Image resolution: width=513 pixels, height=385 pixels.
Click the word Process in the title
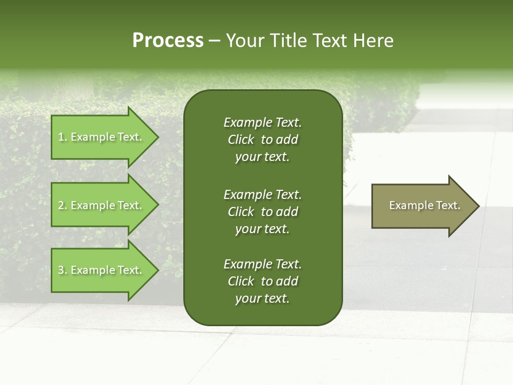tap(168, 41)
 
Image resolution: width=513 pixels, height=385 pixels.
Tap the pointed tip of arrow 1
tap(157, 137)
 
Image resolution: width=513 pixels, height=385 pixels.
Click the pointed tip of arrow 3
tap(157, 270)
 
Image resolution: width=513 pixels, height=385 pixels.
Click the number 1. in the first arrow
tap(63, 137)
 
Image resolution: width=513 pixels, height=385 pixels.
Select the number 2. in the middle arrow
tap(63, 205)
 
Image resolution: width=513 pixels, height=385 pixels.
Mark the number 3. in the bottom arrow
tap(63, 270)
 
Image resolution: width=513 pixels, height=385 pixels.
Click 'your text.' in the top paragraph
tap(262, 157)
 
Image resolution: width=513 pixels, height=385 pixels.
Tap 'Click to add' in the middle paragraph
tap(262, 212)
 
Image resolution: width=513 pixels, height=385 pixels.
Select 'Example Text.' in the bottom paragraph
tap(262, 264)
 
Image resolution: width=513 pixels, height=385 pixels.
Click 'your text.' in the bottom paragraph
tap(262, 299)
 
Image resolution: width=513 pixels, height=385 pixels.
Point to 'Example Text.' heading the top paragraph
tap(262, 122)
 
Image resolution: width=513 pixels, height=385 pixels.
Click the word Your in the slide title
tap(245, 41)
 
